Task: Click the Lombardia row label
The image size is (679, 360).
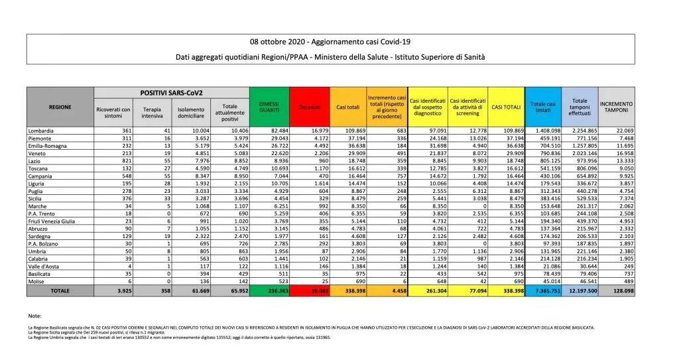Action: [x=41, y=131]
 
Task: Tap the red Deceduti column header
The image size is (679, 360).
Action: [x=308, y=106]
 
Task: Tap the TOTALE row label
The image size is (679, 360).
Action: [x=60, y=291]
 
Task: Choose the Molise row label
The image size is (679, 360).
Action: [x=37, y=282]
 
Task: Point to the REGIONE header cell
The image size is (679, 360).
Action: [x=60, y=106]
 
